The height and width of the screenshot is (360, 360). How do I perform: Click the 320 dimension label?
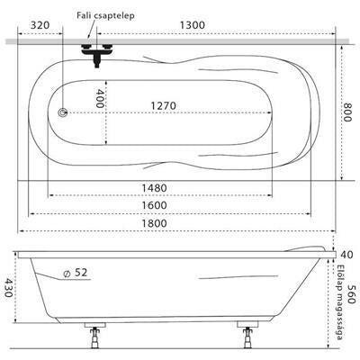40,25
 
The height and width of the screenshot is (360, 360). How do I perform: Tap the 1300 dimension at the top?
193,25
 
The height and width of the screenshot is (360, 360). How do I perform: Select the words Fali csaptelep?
105,15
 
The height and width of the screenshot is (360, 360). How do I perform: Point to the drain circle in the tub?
63,112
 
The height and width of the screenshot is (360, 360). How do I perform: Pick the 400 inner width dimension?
100,99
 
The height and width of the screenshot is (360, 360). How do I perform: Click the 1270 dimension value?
163,105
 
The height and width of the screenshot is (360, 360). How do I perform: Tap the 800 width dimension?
347,112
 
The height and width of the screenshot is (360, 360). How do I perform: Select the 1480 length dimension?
154,188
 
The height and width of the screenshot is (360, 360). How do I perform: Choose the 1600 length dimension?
154,205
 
